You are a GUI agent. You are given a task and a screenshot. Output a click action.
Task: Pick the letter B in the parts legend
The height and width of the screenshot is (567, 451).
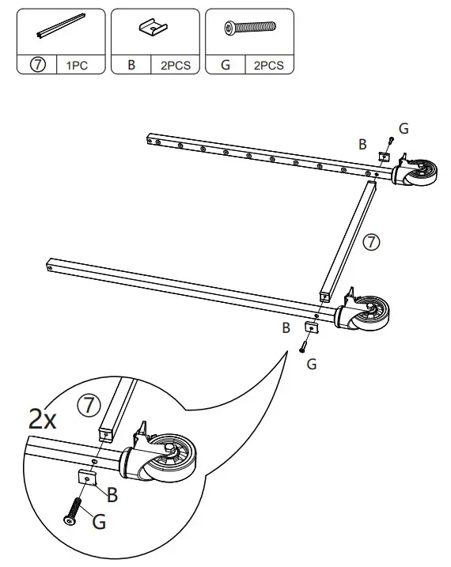click(x=131, y=66)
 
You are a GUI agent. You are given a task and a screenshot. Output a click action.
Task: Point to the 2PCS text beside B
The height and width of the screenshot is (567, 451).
click(x=175, y=66)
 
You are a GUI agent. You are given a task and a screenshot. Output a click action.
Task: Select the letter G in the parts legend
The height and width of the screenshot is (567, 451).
click(x=225, y=66)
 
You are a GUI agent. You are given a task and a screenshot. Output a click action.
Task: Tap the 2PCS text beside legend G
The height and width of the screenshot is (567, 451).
click(x=269, y=66)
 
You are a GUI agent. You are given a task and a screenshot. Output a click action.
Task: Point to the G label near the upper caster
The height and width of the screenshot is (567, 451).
click(x=404, y=127)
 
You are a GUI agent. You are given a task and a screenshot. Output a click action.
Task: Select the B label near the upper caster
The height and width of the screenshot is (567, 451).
click(x=362, y=144)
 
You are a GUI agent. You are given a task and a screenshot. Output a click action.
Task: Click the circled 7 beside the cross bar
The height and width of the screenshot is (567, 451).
click(x=370, y=242)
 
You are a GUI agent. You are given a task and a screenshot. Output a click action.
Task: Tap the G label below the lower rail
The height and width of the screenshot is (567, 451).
click(x=311, y=364)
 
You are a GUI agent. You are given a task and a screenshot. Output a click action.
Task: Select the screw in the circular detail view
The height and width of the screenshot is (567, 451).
click(x=73, y=508)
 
